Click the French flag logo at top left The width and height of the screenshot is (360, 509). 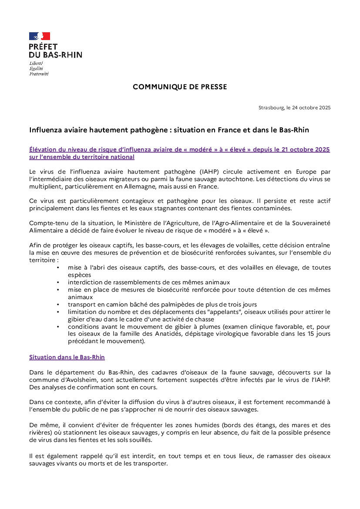coord(40,36)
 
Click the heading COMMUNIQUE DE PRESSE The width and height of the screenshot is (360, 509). coord(180,87)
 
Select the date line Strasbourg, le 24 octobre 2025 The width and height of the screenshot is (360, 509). coord(294,108)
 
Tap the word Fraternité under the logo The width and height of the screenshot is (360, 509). coord(39,74)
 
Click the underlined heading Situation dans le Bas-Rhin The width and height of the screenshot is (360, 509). coord(67,357)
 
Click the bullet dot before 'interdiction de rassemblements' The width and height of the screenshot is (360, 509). coord(58,282)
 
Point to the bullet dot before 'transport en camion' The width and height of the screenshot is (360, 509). coord(58,304)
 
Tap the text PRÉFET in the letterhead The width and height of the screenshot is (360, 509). coord(43,47)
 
